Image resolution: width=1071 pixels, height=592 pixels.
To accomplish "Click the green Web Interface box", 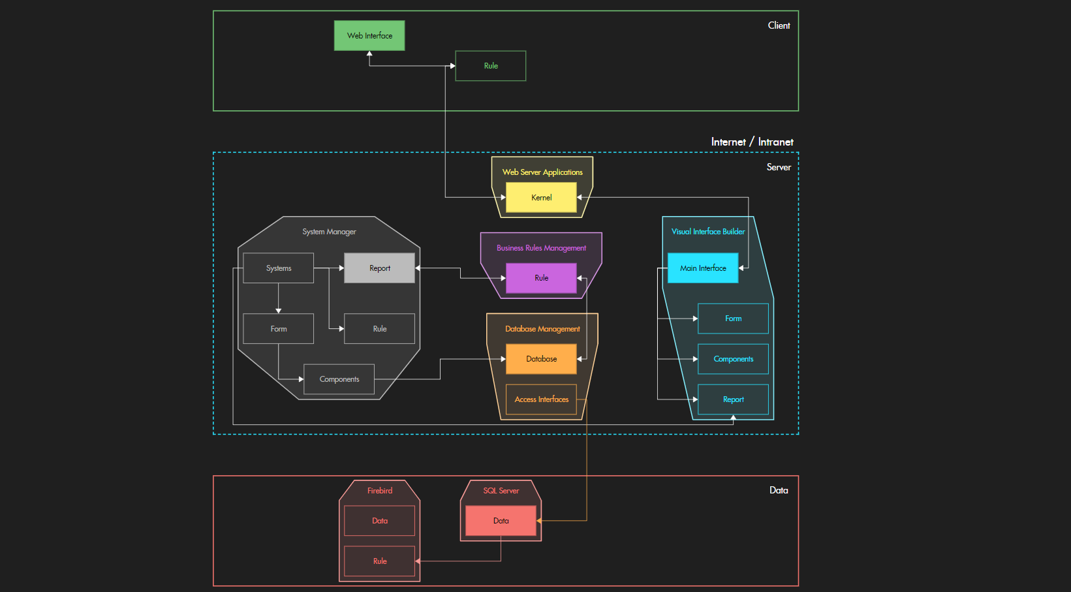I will (x=369, y=36).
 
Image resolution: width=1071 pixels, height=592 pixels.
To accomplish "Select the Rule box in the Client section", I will (x=491, y=66).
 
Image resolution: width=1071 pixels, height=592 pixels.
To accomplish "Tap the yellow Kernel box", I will (x=541, y=197).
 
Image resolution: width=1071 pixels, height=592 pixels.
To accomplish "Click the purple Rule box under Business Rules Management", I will (x=541, y=278).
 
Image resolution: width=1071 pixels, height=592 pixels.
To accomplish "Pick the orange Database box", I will (x=541, y=359).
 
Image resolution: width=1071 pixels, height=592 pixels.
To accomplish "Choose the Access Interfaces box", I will (x=541, y=399).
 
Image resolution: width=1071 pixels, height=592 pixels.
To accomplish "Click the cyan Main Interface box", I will (x=703, y=268).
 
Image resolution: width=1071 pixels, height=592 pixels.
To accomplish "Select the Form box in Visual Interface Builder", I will (x=733, y=319).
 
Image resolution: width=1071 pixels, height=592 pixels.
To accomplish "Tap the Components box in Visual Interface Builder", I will (x=733, y=359).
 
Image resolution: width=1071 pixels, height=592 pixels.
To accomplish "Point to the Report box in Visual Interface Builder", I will (x=733, y=399).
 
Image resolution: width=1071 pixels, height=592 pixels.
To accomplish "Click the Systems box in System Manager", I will (x=279, y=268).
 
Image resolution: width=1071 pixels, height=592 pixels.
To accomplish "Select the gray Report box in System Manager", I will (x=379, y=268).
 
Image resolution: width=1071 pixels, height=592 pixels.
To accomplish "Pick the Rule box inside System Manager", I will (x=379, y=329).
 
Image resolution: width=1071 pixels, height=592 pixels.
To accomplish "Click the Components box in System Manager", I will (x=339, y=379).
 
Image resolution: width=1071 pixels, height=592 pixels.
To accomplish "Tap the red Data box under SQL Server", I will (x=501, y=521).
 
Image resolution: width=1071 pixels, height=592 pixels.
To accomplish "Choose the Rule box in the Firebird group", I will (x=379, y=561).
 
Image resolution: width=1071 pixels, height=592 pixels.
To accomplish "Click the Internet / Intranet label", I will (x=752, y=142).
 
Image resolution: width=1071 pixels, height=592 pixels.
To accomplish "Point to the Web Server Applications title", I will (x=542, y=172).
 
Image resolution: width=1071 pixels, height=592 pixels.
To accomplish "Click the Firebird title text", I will (x=379, y=491).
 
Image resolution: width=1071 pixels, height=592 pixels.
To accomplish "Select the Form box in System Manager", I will (x=279, y=329).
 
